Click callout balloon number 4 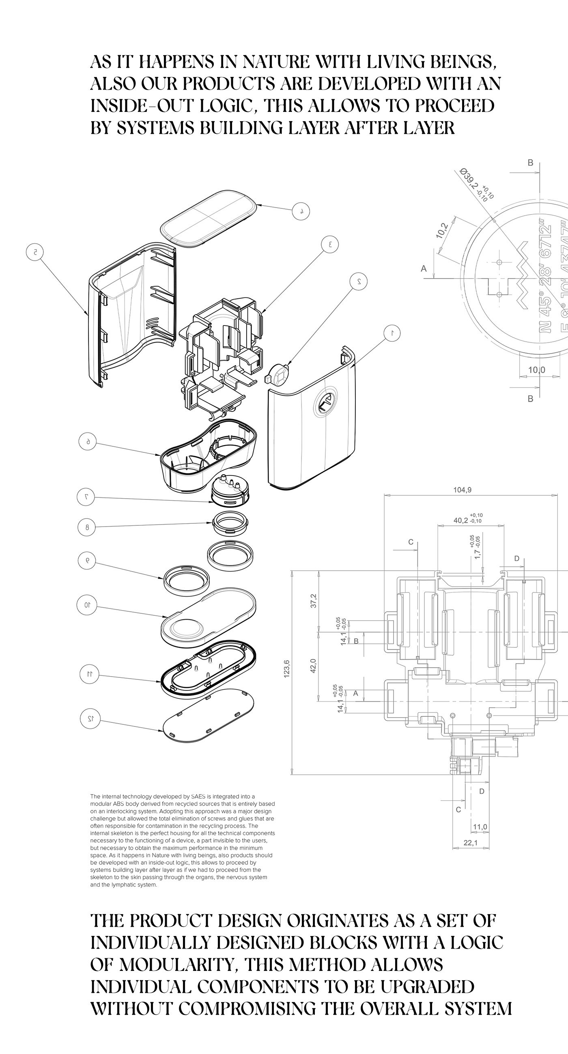point(301,212)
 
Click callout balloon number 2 point(359,281)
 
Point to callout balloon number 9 point(86,561)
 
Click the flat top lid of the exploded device point(208,219)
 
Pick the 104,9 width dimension point(462,490)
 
